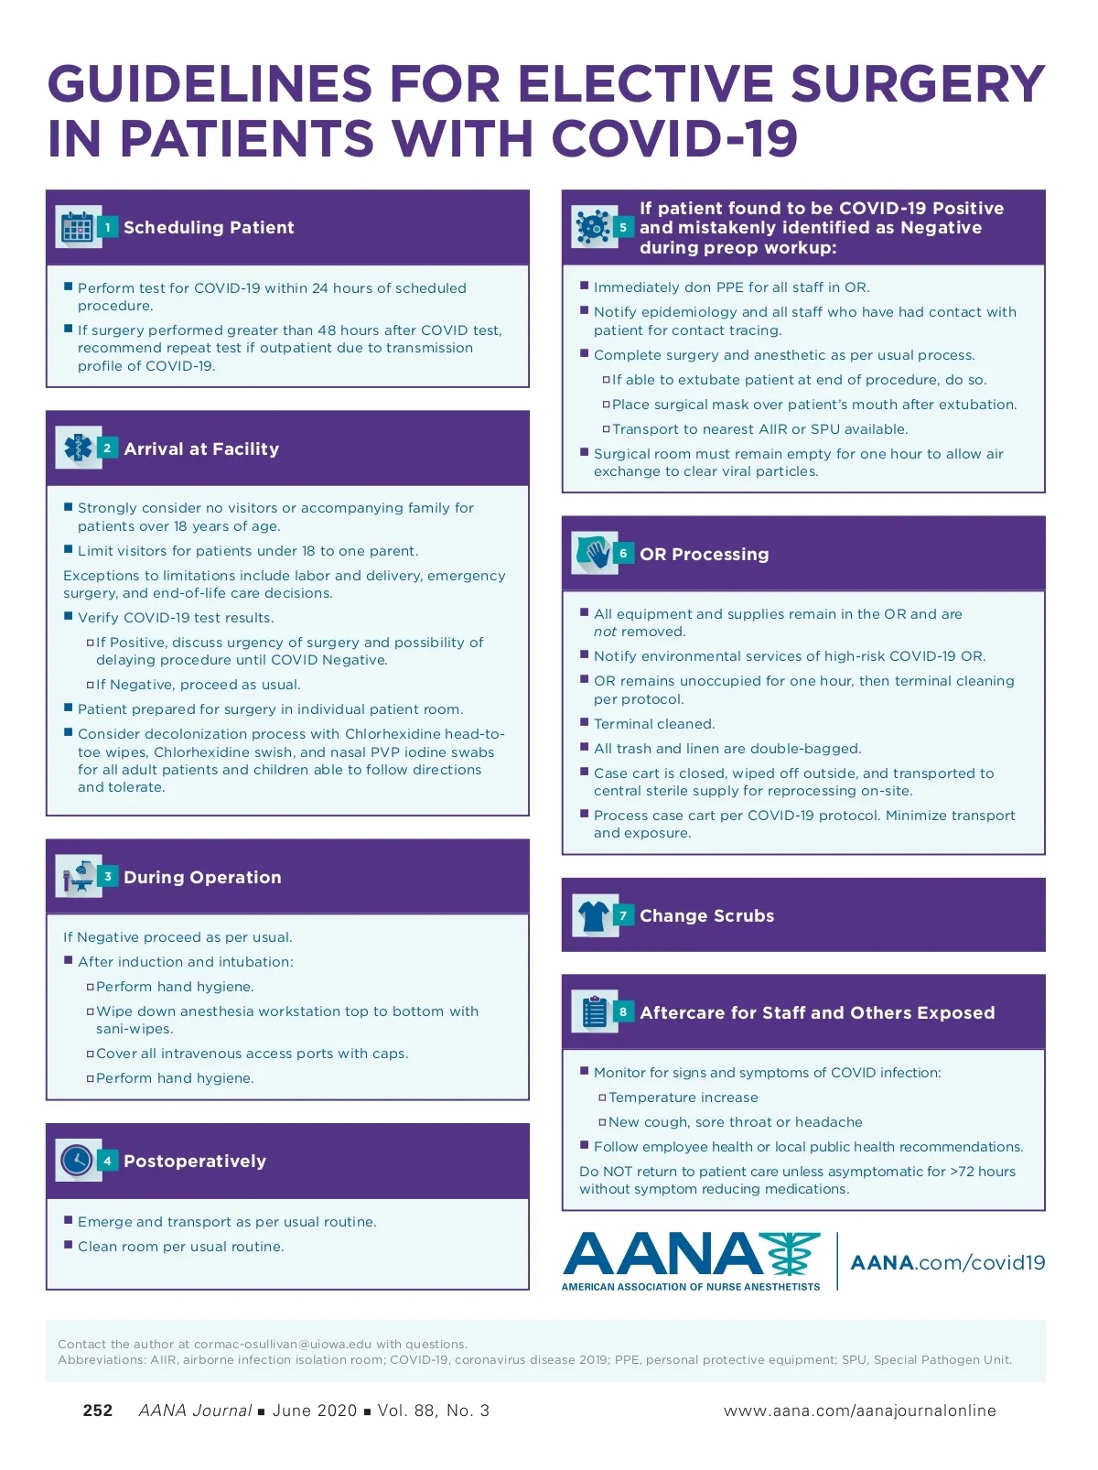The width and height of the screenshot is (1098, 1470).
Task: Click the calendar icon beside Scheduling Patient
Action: pos(78,227)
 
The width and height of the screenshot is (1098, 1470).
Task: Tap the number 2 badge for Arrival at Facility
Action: pos(107,449)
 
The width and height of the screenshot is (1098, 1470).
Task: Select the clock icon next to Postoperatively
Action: pos(78,1161)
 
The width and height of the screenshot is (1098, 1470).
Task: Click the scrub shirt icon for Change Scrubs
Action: pos(594,915)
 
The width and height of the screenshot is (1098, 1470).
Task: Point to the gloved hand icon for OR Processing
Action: pos(594,554)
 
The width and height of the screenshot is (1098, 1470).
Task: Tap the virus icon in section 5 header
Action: pos(594,227)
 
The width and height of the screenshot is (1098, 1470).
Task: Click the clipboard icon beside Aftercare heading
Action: pos(594,1012)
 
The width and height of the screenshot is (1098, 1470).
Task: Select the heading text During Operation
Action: pos(202,877)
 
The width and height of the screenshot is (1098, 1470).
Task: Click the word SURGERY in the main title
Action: pos(918,84)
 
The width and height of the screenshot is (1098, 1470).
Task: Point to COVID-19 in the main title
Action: pos(674,139)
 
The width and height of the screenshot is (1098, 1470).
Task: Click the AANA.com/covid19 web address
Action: pos(947,1263)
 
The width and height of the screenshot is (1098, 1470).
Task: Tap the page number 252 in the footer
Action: pos(98,1411)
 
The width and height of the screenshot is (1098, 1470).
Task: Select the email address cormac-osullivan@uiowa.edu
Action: pos(283,1345)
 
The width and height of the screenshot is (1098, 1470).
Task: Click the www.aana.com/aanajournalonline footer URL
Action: pos(859,1411)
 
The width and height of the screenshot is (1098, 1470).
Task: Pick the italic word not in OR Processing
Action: pos(605,632)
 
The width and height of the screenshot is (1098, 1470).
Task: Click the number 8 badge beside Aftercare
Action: pos(623,1012)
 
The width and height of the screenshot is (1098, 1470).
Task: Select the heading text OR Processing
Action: pos(704,554)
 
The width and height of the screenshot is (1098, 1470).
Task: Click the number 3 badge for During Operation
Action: pos(107,877)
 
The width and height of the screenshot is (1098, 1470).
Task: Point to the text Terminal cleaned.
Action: pos(654,724)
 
